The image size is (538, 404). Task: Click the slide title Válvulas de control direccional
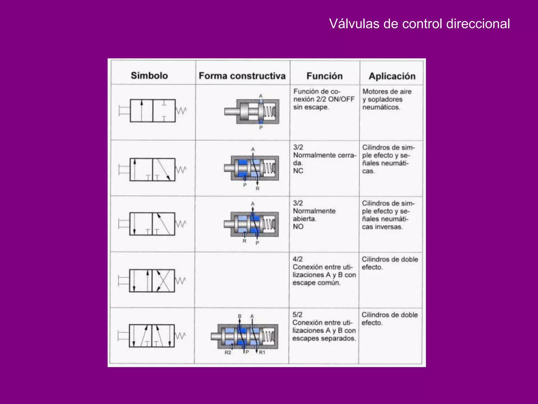[419, 24]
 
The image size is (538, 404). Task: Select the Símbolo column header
[149, 76]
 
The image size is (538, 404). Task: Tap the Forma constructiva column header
[242, 76]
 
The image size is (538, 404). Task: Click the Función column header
[324, 76]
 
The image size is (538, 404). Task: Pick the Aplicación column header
[392, 76]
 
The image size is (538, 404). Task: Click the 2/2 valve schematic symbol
[153, 111]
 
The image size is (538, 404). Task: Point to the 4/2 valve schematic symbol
[152, 281]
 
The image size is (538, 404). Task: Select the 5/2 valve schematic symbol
[152, 336]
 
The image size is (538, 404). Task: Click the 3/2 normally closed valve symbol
[152, 170]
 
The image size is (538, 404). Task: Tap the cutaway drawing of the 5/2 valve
[244, 336]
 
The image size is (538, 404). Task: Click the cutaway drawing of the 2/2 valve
[252, 112]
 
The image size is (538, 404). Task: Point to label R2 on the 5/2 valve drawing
[228, 352]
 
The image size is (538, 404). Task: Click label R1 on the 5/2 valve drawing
[262, 352]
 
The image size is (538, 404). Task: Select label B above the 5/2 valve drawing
[240, 316]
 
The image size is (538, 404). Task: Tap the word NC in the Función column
[298, 171]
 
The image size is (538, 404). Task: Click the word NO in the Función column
[298, 227]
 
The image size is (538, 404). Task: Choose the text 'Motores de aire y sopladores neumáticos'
[387, 99]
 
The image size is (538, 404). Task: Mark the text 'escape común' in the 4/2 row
[317, 283]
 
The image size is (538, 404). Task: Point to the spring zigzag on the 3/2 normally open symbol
[181, 224]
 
